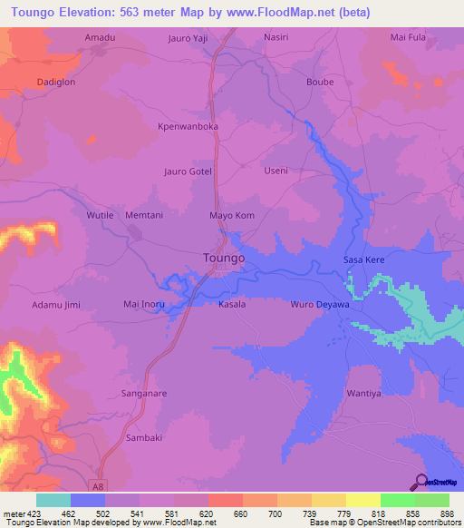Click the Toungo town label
pyautogui.click(x=218, y=259)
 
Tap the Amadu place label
pyautogui.click(x=100, y=37)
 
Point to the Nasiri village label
pyautogui.click(x=275, y=37)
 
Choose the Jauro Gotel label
pyautogui.click(x=186, y=171)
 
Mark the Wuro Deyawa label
pyautogui.click(x=318, y=305)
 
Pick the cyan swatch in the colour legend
pyautogui.click(x=53, y=500)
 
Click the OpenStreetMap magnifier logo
pyautogui.click(x=420, y=483)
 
